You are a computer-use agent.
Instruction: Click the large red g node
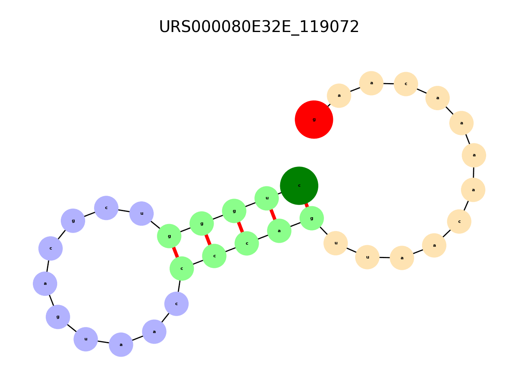pos(314,120)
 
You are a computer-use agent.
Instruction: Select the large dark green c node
pos(299,186)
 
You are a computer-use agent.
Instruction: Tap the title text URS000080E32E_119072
pos(259,27)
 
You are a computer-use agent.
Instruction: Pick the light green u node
pos(267,198)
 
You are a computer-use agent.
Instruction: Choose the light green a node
pos(279,231)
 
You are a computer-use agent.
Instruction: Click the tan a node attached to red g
pos(339,96)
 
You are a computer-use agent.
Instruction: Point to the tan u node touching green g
pos(336,243)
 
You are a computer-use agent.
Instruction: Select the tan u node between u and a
pos(367,257)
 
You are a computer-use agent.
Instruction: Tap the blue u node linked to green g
pos(142,214)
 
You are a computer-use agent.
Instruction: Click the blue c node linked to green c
pos(176,304)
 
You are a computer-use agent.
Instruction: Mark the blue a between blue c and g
pos(45,284)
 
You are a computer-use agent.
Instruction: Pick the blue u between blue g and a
pos(86,339)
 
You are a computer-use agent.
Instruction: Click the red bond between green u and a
pos(273,214)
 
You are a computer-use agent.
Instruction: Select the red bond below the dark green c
pos(307,205)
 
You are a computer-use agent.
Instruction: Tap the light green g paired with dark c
pos(311,218)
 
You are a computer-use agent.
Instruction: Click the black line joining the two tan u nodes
pos(352,250)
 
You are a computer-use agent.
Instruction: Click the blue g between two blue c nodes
pos(73,221)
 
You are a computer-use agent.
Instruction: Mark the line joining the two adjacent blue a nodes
pos(138,338)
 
